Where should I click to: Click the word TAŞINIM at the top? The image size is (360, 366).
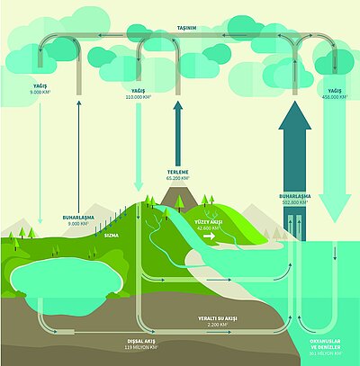180,28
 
